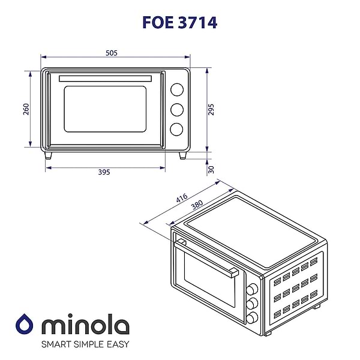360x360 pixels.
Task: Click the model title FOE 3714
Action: pos(179,22)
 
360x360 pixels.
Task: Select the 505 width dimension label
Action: pos(111,53)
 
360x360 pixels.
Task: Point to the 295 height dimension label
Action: pos(212,110)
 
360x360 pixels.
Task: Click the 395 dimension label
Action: pos(104,172)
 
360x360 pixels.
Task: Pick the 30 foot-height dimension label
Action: pos(212,170)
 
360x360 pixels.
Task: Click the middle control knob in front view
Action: pos(177,110)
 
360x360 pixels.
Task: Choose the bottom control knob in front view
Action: pos(177,129)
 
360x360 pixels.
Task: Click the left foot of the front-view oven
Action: pos(48,155)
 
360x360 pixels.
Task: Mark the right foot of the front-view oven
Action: pos(184,155)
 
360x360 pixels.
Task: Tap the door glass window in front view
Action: pos(105,110)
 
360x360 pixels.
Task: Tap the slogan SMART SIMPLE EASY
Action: pos(85,345)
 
